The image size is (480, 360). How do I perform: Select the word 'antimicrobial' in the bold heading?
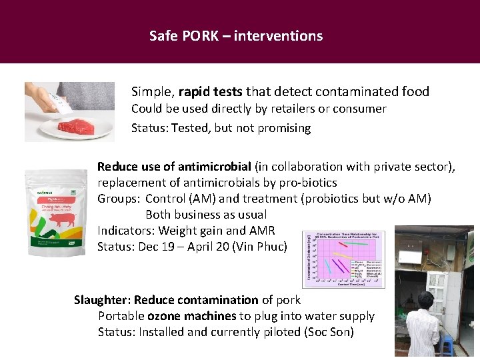click(213, 166)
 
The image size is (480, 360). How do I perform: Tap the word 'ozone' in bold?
click(164, 316)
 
